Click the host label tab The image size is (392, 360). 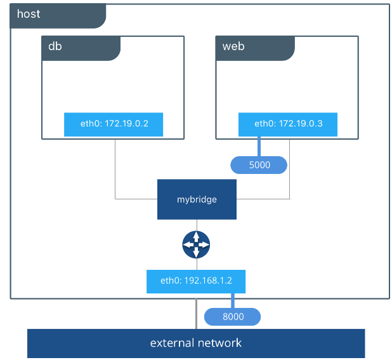[x=58, y=16]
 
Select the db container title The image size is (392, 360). [x=55, y=46]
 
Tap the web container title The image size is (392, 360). [x=233, y=46]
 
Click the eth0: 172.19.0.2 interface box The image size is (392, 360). [x=114, y=124]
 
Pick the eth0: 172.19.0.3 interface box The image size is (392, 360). [x=288, y=124]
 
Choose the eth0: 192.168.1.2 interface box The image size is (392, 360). [x=196, y=281]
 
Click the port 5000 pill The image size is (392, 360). [x=259, y=165]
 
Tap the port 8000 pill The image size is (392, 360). [x=233, y=317]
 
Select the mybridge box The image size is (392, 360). [x=197, y=199]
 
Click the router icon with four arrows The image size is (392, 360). [x=196, y=244]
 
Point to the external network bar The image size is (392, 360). [x=196, y=343]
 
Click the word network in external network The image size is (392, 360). [x=220, y=343]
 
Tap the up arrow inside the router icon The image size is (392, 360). [x=196, y=236]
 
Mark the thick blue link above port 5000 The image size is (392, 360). [x=259, y=147]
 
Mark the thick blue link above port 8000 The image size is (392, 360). [x=233, y=301]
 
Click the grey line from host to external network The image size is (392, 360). [x=196, y=314]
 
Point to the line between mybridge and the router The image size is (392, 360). [x=197, y=225]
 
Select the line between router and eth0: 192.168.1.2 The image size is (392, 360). [x=197, y=264]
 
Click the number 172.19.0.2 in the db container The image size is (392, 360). [x=126, y=124]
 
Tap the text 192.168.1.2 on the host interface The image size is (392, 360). [x=208, y=281]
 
